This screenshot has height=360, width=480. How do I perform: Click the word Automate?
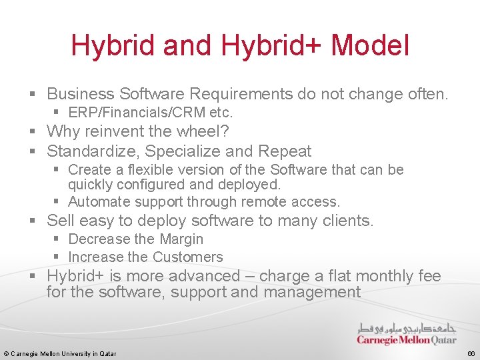(97, 201)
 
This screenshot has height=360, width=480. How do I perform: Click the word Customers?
(187, 257)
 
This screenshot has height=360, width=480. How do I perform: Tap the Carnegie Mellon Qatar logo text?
(407, 340)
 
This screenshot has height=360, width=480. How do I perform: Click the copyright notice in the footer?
(60, 353)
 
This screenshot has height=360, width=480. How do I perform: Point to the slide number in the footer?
(471, 353)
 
